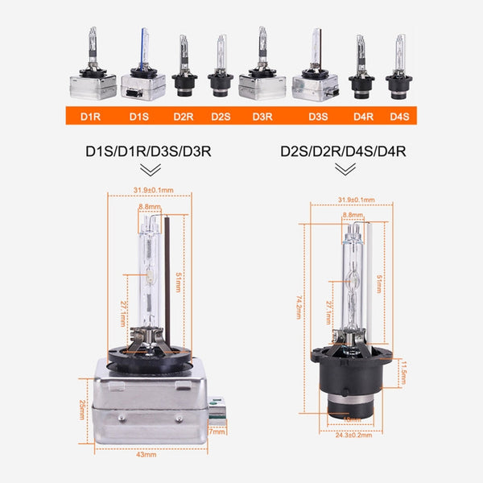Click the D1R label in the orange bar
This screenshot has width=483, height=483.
tap(90, 116)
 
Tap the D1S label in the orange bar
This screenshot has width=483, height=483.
tap(138, 116)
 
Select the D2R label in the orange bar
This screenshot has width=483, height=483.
tap(184, 116)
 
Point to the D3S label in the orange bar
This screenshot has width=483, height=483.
tap(318, 116)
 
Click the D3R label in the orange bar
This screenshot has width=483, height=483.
tap(262, 116)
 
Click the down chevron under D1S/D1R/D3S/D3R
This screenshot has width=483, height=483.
tap(149, 170)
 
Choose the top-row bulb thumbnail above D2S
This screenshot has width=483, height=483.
tap(221, 68)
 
